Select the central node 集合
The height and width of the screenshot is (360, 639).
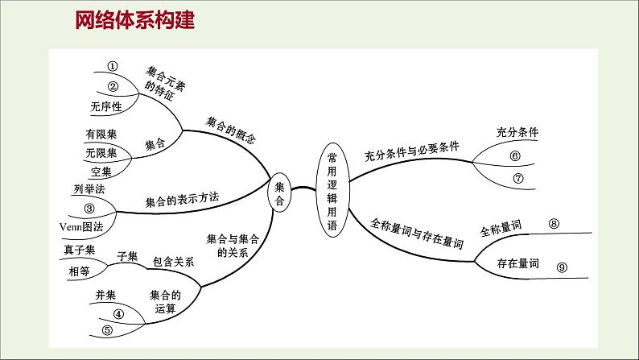tap(279, 193)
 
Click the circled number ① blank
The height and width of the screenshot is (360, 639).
tap(113, 67)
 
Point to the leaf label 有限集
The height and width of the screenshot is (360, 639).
tap(101, 134)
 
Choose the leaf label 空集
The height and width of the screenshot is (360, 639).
tap(101, 171)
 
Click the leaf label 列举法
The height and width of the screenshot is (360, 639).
tap(89, 190)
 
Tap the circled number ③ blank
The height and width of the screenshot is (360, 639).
tap(89, 208)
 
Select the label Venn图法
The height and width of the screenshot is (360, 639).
tap(81, 226)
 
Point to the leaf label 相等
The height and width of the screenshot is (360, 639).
tap(80, 271)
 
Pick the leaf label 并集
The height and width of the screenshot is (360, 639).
tap(105, 296)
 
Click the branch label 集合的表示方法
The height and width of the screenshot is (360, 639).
tap(182, 199)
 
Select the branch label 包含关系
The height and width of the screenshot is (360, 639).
tap(174, 262)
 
